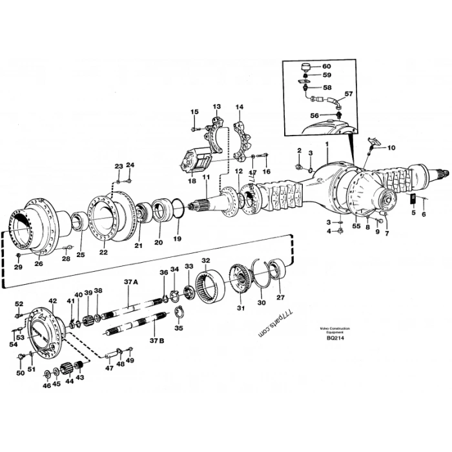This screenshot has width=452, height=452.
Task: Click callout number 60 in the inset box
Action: [326, 67]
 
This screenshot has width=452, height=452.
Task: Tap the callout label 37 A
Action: [132, 282]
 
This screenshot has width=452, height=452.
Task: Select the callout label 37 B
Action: [157, 339]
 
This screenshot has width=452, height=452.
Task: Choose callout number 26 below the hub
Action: [38, 263]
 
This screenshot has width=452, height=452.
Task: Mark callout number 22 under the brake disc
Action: [103, 252]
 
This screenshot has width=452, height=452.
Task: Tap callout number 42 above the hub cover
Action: [53, 301]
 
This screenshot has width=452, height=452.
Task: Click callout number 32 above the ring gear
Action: [205, 260]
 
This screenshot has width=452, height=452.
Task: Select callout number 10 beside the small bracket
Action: [391, 147]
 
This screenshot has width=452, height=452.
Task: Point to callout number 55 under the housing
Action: [355, 227]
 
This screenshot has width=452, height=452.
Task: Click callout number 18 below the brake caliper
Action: [192, 181]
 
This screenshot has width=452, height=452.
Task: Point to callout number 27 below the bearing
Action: [280, 298]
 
